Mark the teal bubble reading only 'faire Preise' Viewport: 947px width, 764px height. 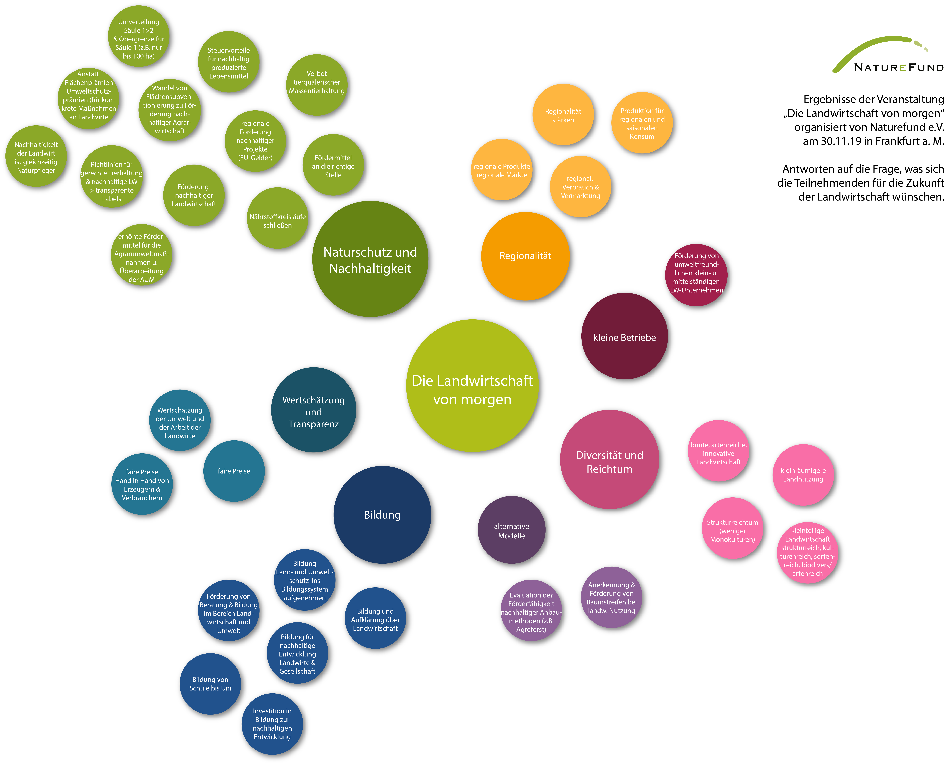[x=234, y=471]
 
